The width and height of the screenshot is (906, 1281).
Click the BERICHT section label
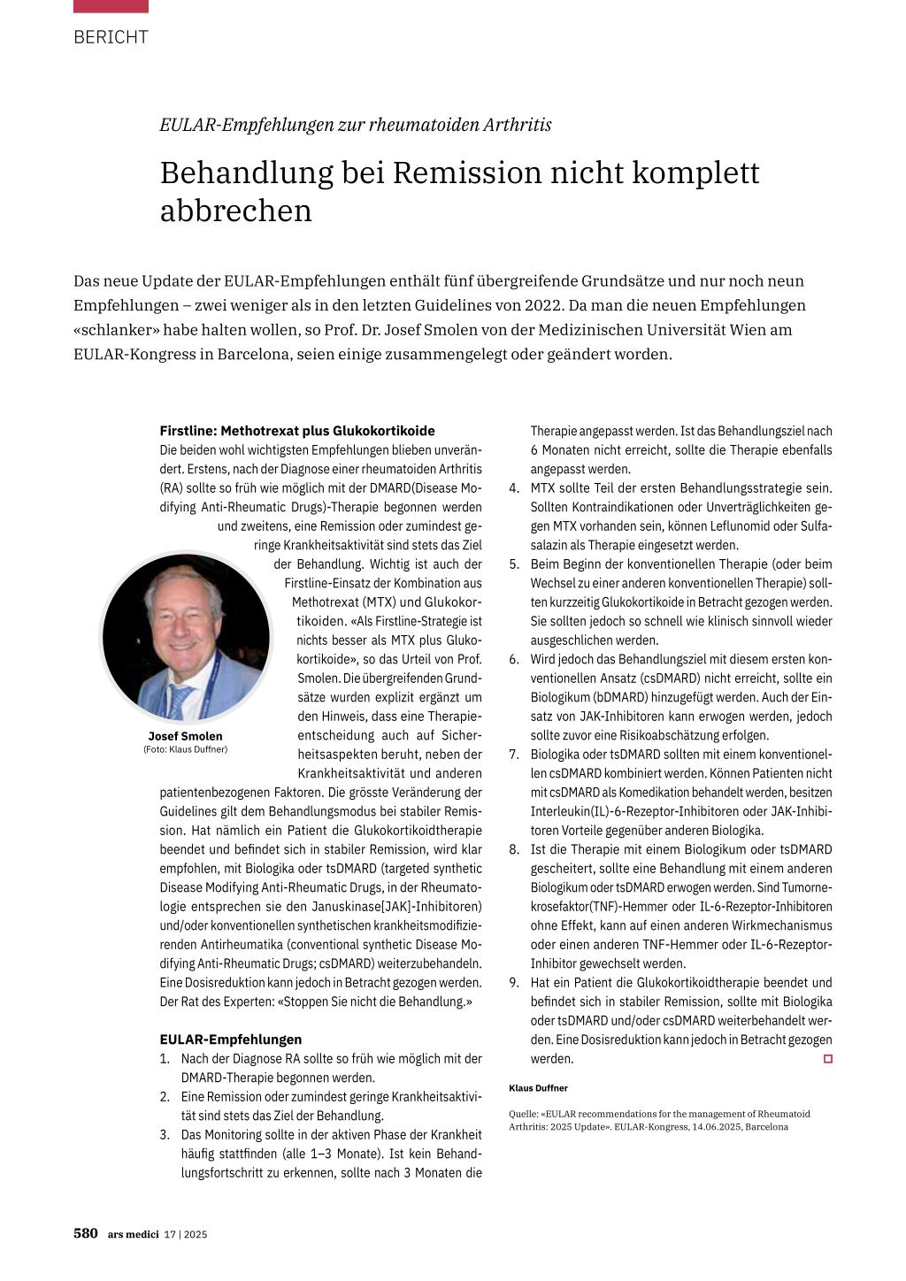click(x=111, y=37)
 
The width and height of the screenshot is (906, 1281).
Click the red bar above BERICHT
click(x=111, y=6)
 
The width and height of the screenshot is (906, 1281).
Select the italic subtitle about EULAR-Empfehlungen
click(x=355, y=125)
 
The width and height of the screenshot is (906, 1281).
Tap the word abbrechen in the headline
click(x=235, y=211)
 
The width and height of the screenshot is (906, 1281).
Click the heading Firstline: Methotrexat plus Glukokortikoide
click(x=296, y=431)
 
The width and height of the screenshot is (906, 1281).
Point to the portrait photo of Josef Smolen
click(x=186, y=637)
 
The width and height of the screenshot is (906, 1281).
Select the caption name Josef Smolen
click(x=185, y=736)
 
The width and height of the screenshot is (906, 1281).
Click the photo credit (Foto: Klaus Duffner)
click(x=185, y=749)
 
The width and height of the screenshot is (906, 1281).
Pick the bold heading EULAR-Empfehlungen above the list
click(x=230, y=1039)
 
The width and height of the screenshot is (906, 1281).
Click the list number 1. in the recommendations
click(x=165, y=1059)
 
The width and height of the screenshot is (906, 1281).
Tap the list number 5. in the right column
click(x=514, y=564)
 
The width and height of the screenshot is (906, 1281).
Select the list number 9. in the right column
click(x=514, y=983)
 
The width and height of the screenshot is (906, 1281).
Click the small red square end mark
click(x=828, y=1059)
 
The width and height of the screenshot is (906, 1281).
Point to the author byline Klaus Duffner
click(x=538, y=1088)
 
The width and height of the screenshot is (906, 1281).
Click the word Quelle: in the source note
click(x=523, y=1114)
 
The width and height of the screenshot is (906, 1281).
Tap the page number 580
click(x=86, y=1233)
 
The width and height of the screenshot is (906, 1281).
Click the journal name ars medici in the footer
click(x=133, y=1234)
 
